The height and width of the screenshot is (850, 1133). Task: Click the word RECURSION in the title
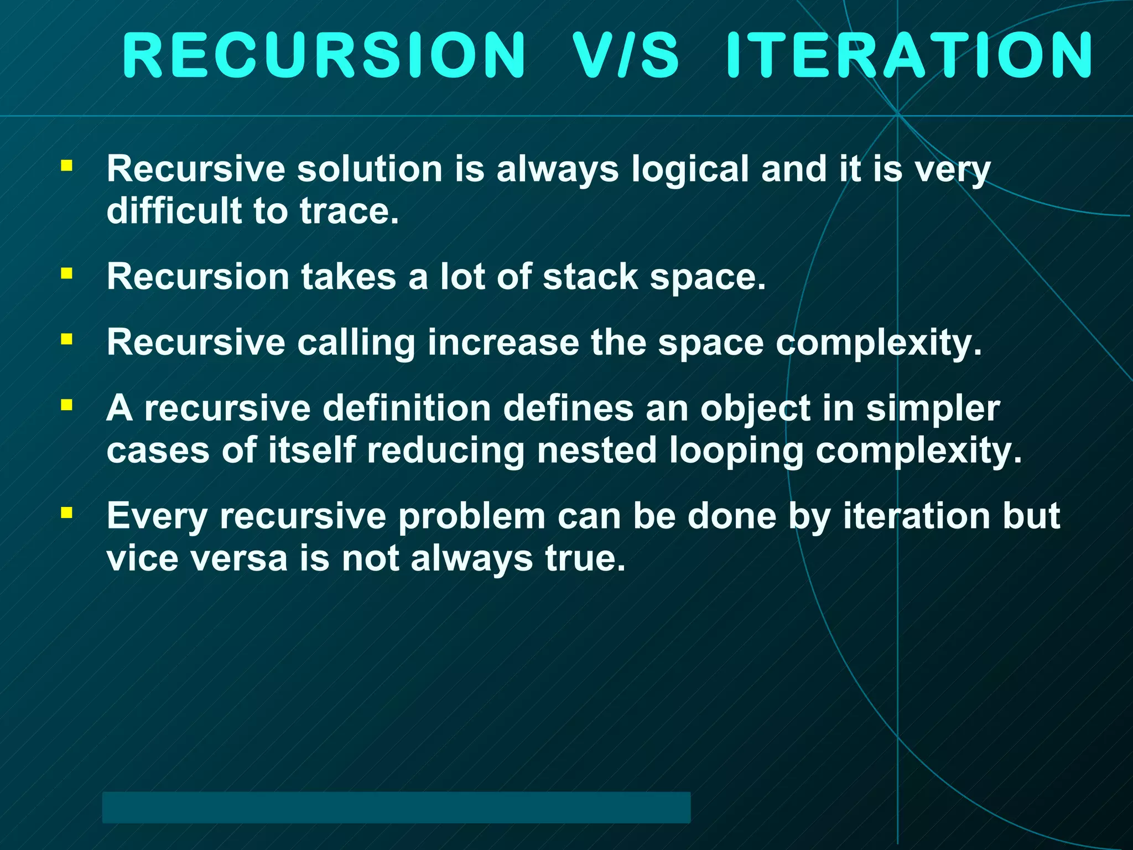click(x=324, y=55)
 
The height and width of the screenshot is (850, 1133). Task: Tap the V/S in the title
click(x=625, y=55)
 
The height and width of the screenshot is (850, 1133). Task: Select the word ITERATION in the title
click(x=909, y=55)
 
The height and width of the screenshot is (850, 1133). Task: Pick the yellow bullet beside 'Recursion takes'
click(x=67, y=273)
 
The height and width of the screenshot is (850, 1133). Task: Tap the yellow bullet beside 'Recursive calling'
click(x=67, y=339)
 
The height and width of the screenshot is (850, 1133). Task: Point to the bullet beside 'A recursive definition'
click(x=67, y=405)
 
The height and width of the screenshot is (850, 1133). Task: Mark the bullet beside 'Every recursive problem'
click(x=67, y=512)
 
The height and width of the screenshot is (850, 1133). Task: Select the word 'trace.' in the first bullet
click(x=349, y=211)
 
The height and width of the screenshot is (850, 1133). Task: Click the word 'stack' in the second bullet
click(x=590, y=277)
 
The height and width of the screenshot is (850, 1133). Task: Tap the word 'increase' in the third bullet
click(x=503, y=343)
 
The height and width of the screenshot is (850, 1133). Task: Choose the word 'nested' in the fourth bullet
click(x=596, y=450)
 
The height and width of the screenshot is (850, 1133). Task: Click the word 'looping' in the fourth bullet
click(x=736, y=452)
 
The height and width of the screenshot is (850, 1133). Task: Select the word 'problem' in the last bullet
click(x=471, y=517)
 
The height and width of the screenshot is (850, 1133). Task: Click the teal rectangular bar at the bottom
click(x=396, y=807)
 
